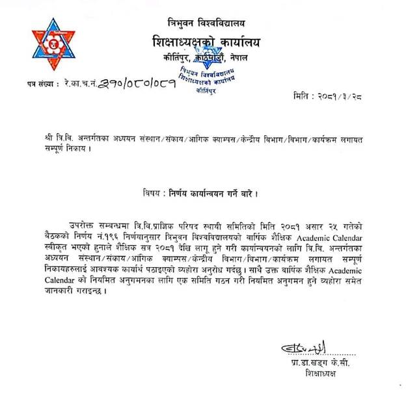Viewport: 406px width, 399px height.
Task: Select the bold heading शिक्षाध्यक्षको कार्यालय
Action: click(204, 42)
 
